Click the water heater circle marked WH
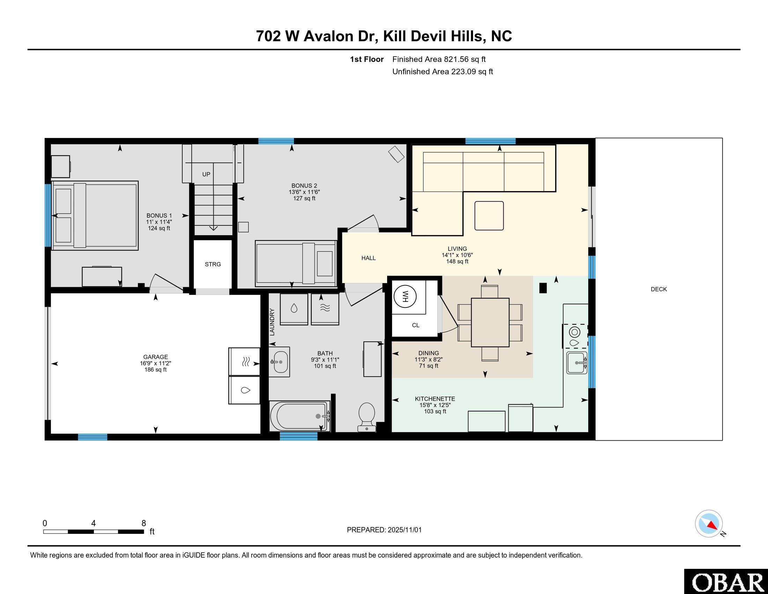pyautogui.click(x=405, y=296)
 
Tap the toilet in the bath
pyautogui.click(x=366, y=417)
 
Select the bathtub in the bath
pyautogui.click(x=300, y=416)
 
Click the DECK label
pyautogui.click(x=659, y=289)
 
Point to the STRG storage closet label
pyautogui.click(x=213, y=264)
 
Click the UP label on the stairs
pyautogui.click(x=206, y=174)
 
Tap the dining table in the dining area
pyautogui.click(x=490, y=323)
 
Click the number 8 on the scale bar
pyautogui.click(x=143, y=523)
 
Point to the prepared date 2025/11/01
pyautogui.click(x=404, y=530)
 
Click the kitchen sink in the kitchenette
pyautogui.click(x=577, y=363)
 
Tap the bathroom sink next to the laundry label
pyautogui.click(x=279, y=362)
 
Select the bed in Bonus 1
pyautogui.click(x=95, y=216)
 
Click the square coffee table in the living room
pyautogui.click(x=489, y=216)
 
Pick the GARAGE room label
pyautogui.click(x=155, y=357)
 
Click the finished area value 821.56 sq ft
pyautogui.click(x=465, y=59)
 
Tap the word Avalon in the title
pyautogui.click(x=328, y=36)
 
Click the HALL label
pyautogui.click(x=369, y=258)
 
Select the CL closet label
pyautogui.click(x=416, y=325)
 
